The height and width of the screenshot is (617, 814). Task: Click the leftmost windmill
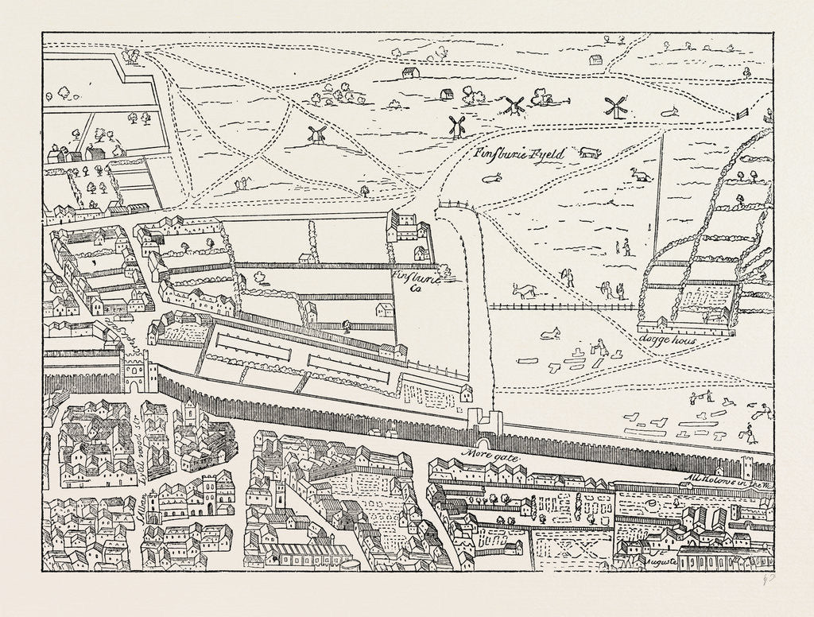coord(317,134)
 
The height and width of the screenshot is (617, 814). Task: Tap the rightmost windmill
coord(612,107)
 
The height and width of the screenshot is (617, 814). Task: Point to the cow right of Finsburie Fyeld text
coord(589,152)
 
